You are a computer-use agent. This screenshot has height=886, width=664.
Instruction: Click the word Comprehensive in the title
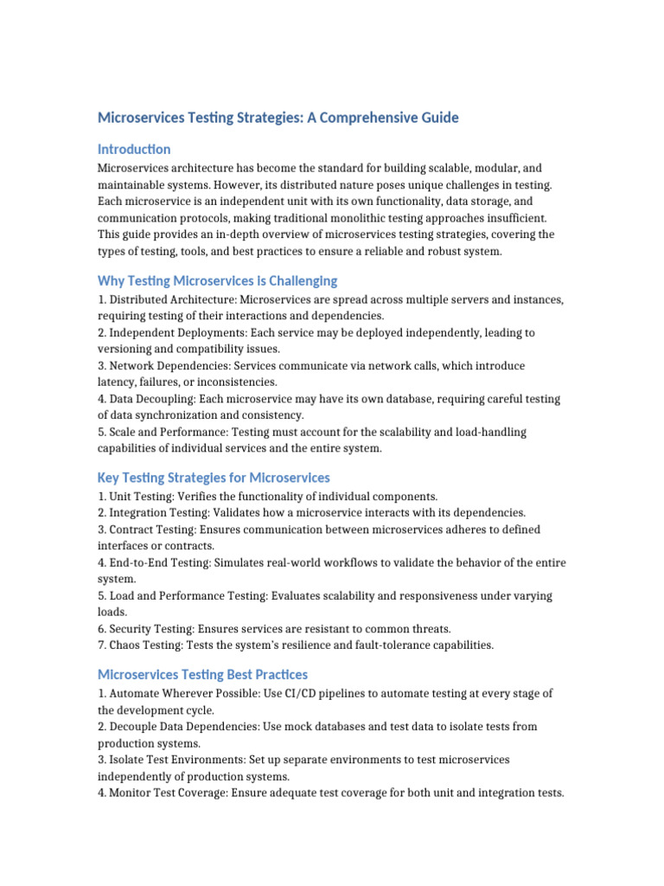pos(364,117)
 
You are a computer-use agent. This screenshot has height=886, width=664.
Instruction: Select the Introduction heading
pos(134,149)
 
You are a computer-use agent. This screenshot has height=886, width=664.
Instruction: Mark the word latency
pos(116,382)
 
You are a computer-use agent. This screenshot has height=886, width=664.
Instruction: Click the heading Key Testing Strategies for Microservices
pos(214,478)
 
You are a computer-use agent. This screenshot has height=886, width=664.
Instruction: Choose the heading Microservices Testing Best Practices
pos(202,674)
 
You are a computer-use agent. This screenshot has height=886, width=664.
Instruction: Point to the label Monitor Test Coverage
pos(170,793)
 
